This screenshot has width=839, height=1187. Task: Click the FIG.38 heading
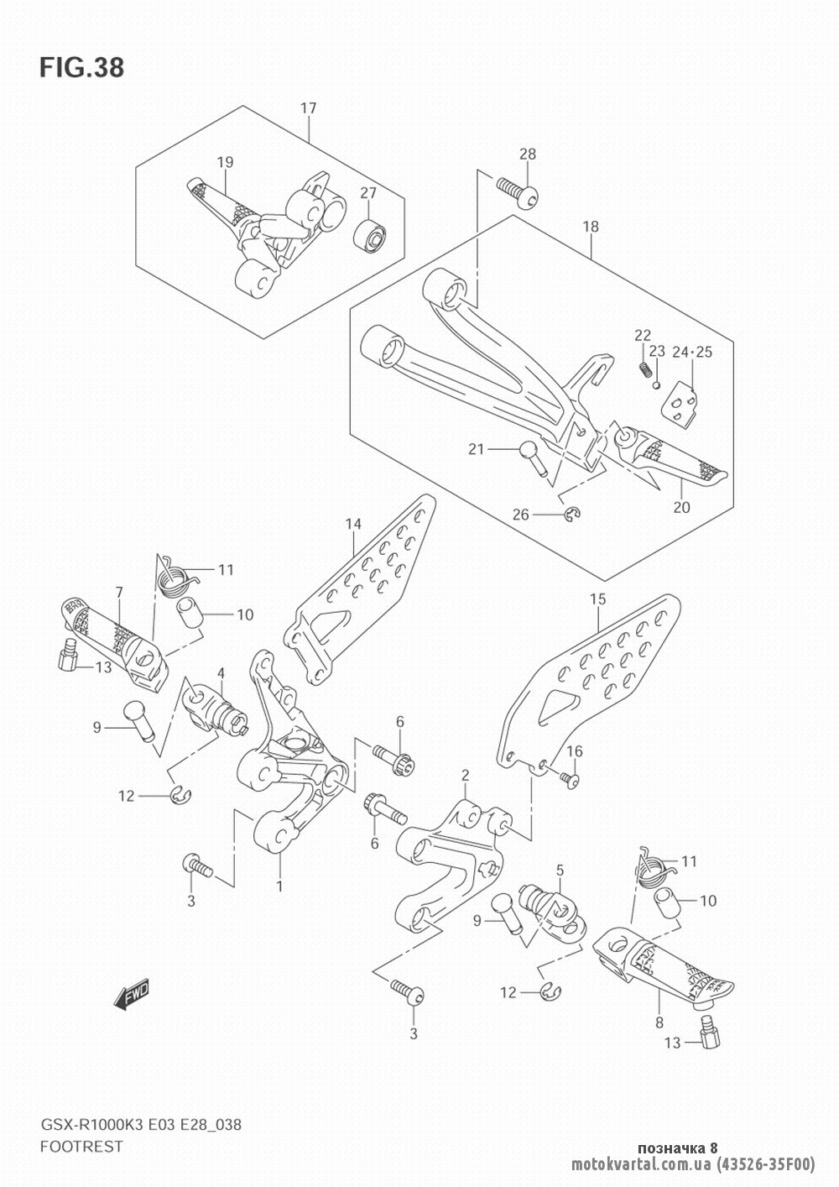pos(81,68)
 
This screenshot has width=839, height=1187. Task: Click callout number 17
pos(308,108)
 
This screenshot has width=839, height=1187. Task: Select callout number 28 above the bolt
pos(527,154)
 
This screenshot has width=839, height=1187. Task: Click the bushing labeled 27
pos(369,234)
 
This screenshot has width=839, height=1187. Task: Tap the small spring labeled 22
pos(644,367)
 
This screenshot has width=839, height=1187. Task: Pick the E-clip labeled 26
pos(572,514)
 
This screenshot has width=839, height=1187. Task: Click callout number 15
pos(597,600)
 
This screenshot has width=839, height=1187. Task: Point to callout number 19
pos(225,162)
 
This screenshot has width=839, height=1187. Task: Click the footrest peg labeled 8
pos(663,974)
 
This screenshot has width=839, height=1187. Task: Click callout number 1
pos(279,886)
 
